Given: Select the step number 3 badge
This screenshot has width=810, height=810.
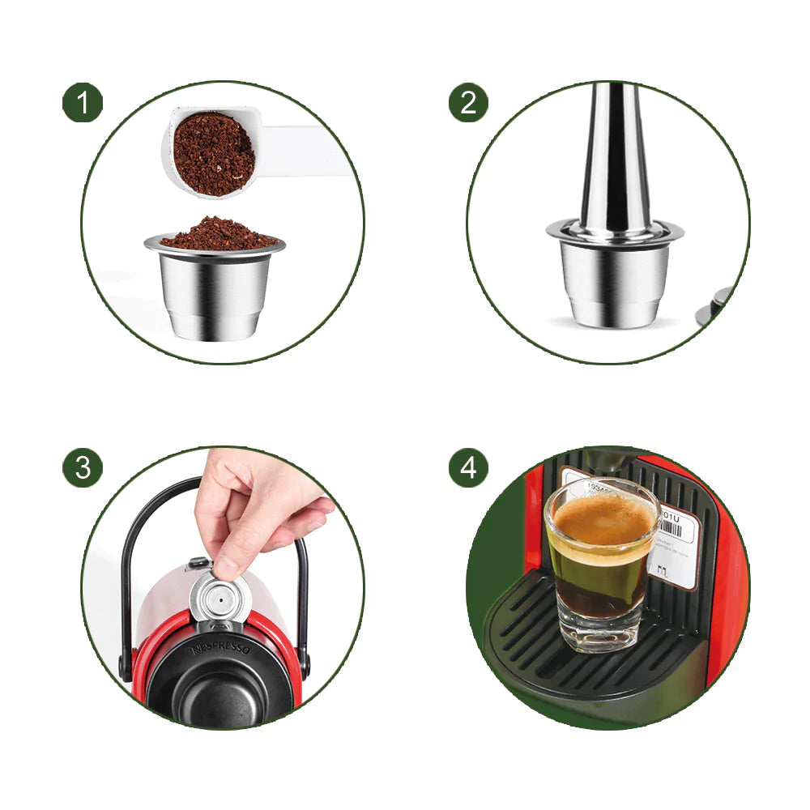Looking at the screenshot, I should [x=83, y=467].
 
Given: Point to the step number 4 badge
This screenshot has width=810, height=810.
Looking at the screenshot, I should [x=469, y=467].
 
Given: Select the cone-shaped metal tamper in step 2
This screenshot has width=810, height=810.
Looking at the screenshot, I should [x=616, y=162].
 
